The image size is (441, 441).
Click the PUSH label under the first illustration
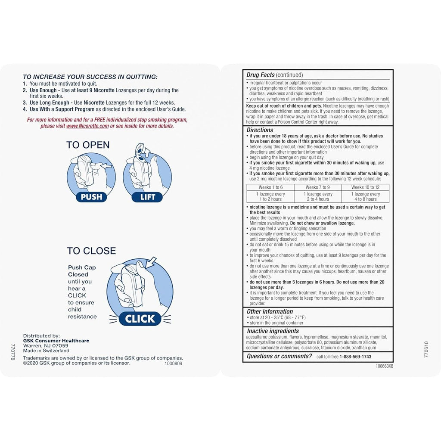coord(91,197)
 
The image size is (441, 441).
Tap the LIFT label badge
coord(147,197)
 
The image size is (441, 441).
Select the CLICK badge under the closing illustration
coord(140,319)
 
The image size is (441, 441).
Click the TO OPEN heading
coord(88,145)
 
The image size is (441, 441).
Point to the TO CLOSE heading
coord(91,251)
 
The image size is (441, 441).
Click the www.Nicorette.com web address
coord(87,126)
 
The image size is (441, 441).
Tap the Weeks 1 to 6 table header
coord(270,187)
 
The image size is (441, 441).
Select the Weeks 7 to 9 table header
coord(318,187)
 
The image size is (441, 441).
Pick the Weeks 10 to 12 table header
coord(365,187)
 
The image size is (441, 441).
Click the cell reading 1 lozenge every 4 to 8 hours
coord(365,196)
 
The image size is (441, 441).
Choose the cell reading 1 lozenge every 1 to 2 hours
coord(270,196)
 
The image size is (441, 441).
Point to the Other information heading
coord(270,311)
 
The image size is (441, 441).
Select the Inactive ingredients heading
coord(273,331)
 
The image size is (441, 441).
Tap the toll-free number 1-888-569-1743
coord(355,357)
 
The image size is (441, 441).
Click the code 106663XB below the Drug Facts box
coord(385,366)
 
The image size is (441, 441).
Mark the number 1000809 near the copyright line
coord(174,363)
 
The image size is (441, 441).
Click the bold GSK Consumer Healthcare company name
coord(56,341)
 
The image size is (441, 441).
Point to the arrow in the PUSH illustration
coord(106,166)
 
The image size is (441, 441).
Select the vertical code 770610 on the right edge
coord(426,350)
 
